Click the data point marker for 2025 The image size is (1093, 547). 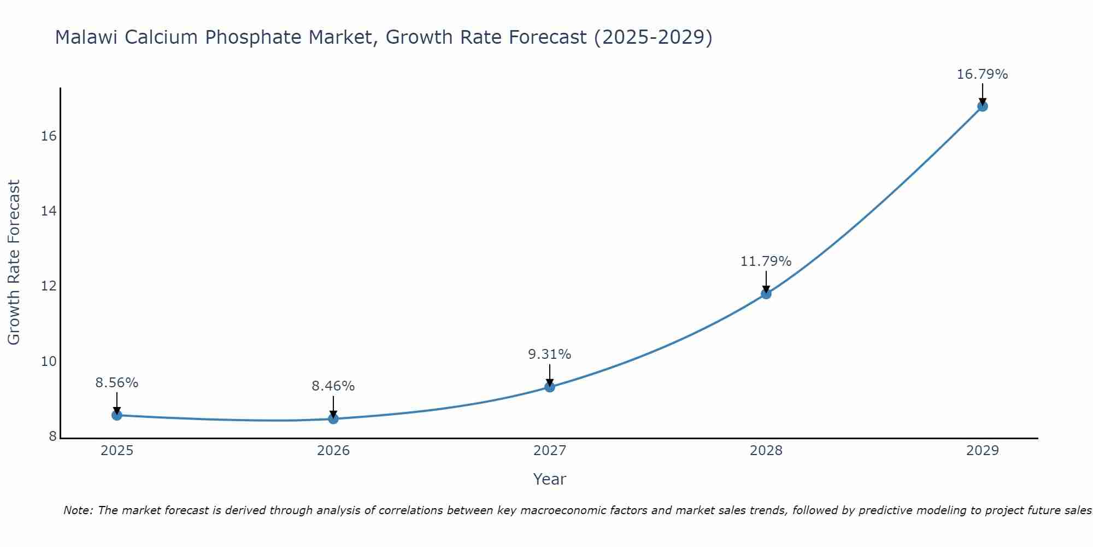coord(117,415)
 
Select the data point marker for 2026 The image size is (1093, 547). coord(333,419)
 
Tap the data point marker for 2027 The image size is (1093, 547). coord(550,387)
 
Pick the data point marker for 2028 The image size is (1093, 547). coord(766,294)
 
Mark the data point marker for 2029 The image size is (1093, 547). coord(983,106)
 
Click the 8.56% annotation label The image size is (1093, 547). coord(117,383)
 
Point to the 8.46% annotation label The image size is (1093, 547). coord(333,386)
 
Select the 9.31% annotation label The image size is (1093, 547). coord(550,354)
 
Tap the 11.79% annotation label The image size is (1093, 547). coord(766,261)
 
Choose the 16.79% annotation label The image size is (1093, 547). coord(983,74)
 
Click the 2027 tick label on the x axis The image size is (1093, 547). coord(550,451)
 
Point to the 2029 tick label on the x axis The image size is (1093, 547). coord(983,451)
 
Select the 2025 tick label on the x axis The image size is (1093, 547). coord(117,451)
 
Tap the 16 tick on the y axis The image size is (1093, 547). coord(49,136)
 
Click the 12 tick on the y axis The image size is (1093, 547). coord(49,286)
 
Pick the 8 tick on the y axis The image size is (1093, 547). coord(53,437)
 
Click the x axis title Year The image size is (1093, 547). coord(550,479)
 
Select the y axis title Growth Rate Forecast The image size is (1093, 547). coord(14,263)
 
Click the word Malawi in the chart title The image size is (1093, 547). coord(87,38)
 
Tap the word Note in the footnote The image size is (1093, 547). coord(78,511)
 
